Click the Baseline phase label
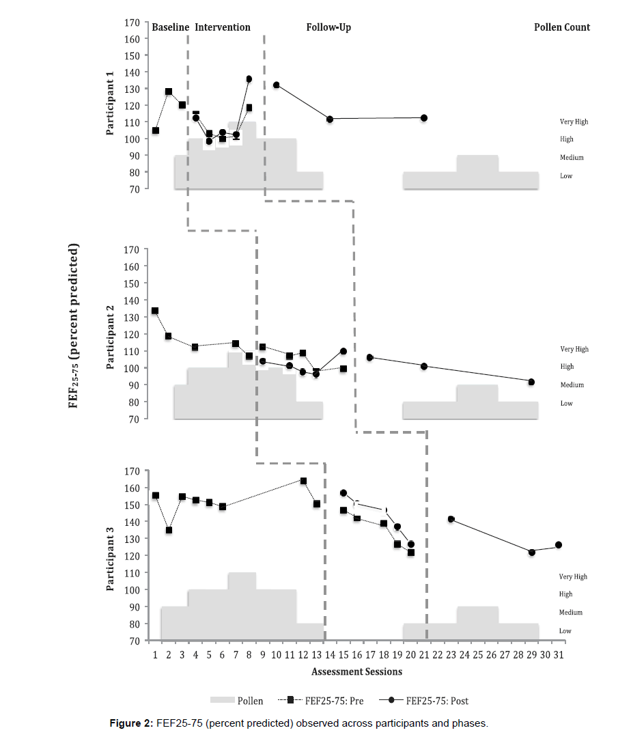(x=170, y=27)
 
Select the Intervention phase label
(x=223, y=27)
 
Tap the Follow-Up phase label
(x=328, y=27)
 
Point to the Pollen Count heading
(x=561, y=27)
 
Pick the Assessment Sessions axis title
(x=356, y=671)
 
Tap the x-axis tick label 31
(x=559, y=654)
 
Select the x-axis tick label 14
(x=329, y=654)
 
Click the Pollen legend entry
(x=236, y=701)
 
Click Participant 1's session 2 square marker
(x=169, y=92)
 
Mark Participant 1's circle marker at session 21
(x=424, y=117)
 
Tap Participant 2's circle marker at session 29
(x=531, y=382)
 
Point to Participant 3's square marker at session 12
(x=303, y=481)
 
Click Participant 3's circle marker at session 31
(x=559, y=545)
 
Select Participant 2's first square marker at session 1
(x=155, y=311)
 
